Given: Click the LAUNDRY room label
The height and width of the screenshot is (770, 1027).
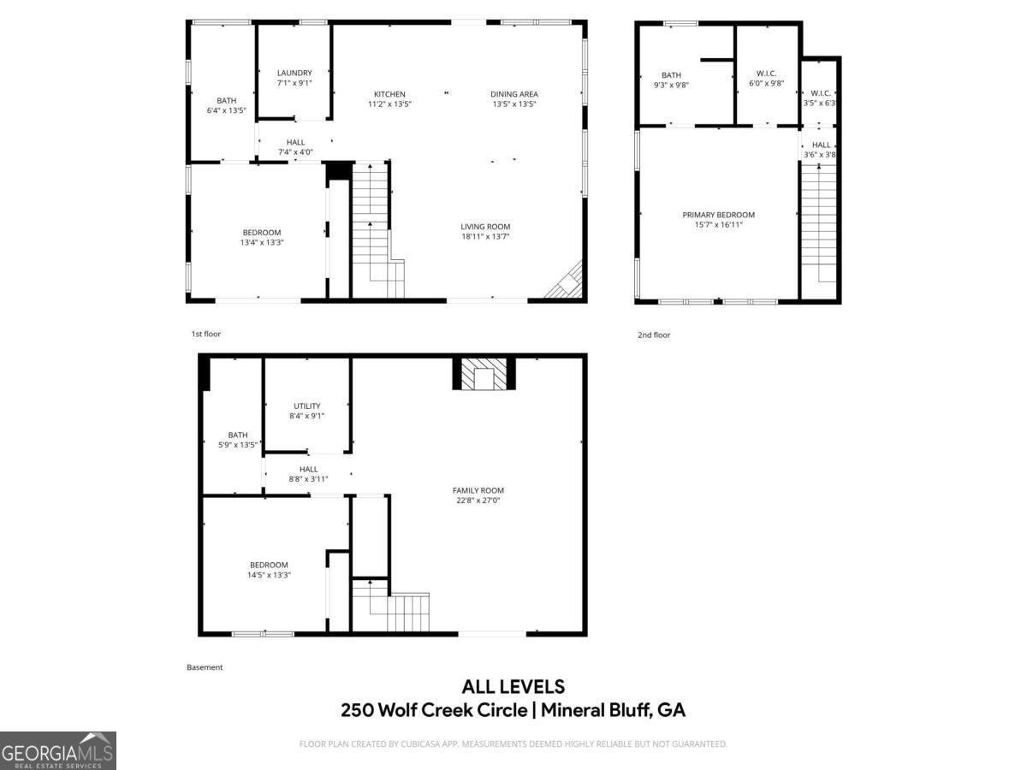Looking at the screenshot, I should (x=294, y=74).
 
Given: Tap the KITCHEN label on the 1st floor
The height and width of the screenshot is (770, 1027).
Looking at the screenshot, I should (x=389, y=94).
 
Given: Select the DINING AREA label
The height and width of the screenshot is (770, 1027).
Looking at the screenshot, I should (x=513, y=94).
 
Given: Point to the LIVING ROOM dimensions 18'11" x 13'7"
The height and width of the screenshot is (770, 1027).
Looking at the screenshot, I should (x=485, y=237).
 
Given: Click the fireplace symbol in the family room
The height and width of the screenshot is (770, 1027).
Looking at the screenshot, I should (x=484, y=374).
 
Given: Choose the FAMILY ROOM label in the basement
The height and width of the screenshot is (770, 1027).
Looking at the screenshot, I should (x=478, y=490).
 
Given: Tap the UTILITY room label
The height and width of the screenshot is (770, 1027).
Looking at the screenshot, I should (x=307, y=406).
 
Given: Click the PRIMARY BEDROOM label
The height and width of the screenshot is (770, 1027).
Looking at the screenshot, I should (x=718, y=215).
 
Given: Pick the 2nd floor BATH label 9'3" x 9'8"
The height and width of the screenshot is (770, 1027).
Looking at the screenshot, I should (x=671, y=75).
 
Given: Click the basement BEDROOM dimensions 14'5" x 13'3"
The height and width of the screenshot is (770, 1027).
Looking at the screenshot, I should (x=269, y=575).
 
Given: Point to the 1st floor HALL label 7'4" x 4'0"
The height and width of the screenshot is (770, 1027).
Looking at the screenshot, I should (x=295, y=142).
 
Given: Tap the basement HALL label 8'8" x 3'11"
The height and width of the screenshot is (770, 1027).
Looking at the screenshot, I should (x=308, y=469).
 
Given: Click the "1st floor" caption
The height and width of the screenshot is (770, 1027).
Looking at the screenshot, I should (x=205, y=334).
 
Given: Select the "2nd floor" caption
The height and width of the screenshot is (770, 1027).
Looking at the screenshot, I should (x=654, y=335).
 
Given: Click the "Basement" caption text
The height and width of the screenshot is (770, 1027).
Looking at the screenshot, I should (x=205, y=667).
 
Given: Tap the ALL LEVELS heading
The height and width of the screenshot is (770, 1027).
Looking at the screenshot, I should (x=513, y=686).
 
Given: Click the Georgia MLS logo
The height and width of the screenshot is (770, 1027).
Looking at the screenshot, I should (x=57, y=750).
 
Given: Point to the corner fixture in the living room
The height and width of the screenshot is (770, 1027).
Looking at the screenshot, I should (x=567, y=283).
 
